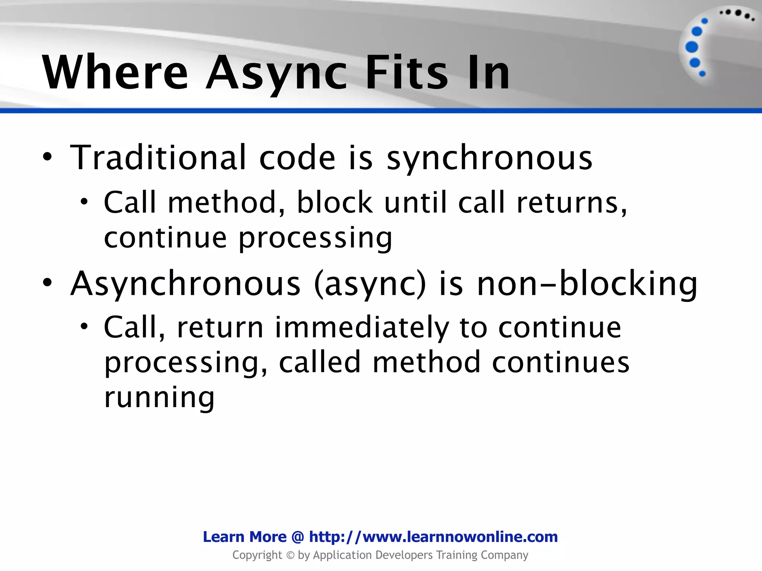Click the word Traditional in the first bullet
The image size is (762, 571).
[158, 158]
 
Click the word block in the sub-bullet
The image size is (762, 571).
[334, 203]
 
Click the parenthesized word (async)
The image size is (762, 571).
[370, 284]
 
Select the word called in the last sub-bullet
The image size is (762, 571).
[320, 362]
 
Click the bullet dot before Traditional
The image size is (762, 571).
[47, 158]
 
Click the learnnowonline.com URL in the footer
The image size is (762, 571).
[433, 537]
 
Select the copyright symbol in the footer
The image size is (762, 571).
[290, 555]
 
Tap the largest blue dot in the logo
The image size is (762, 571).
[692, 47]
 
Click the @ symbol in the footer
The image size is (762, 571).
[298, 537]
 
